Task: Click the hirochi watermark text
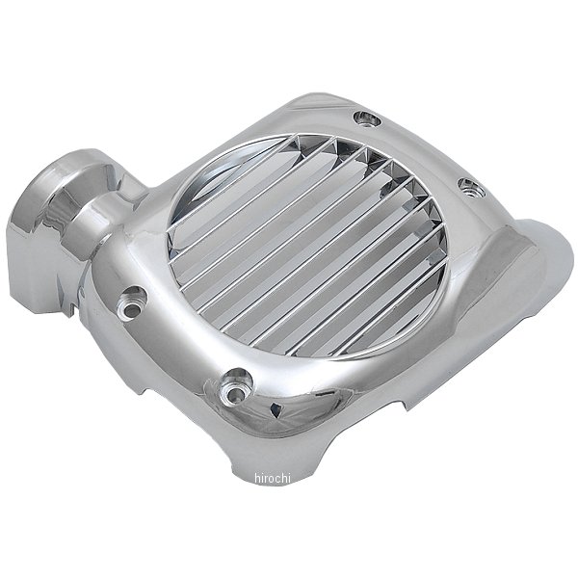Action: pos(273,478)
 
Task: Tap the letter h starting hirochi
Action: pos(257,478)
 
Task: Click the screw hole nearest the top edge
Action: pos(367,118)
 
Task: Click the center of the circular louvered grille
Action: pos(309,247)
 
